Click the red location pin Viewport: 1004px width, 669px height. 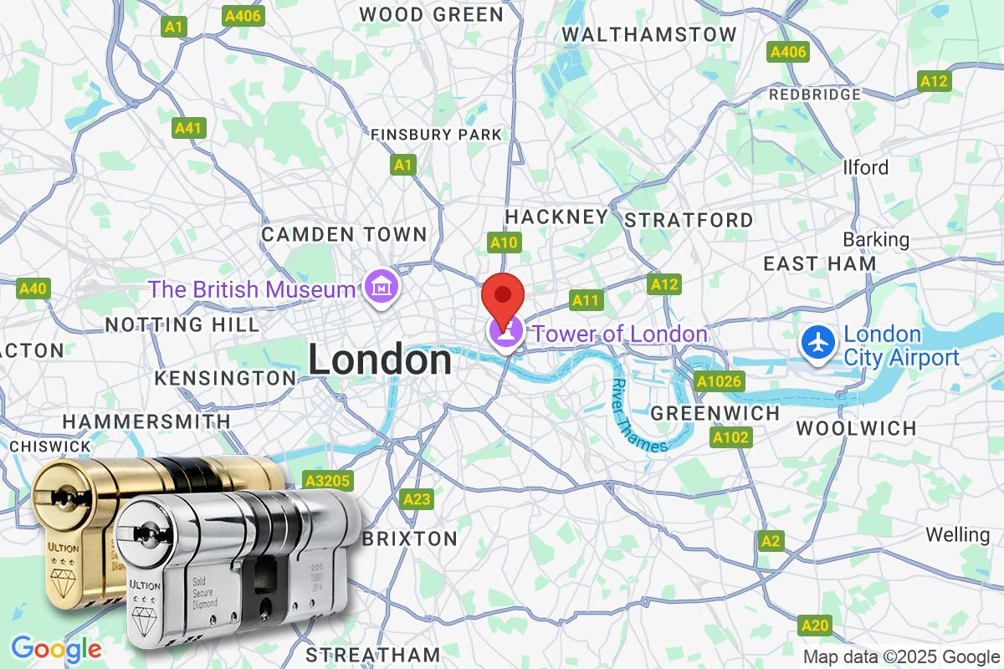[504, 294]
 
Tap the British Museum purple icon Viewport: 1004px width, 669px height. [382, 289]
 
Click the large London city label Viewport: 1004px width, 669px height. [380, 360]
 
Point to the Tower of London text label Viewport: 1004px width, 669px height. [620, 334]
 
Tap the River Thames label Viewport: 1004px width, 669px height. [639, 416]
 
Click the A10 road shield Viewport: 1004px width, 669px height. [505, 243]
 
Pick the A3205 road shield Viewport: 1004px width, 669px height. [329, 481]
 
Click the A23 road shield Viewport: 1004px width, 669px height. [417, 499]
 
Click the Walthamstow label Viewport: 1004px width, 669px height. [649, 34]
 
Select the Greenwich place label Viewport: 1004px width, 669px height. [715, 413]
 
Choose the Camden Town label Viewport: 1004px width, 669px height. [344, 234]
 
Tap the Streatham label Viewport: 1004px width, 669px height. [372, 653]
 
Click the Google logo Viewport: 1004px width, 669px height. [56, 648]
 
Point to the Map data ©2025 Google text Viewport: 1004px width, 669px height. [902, 656]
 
